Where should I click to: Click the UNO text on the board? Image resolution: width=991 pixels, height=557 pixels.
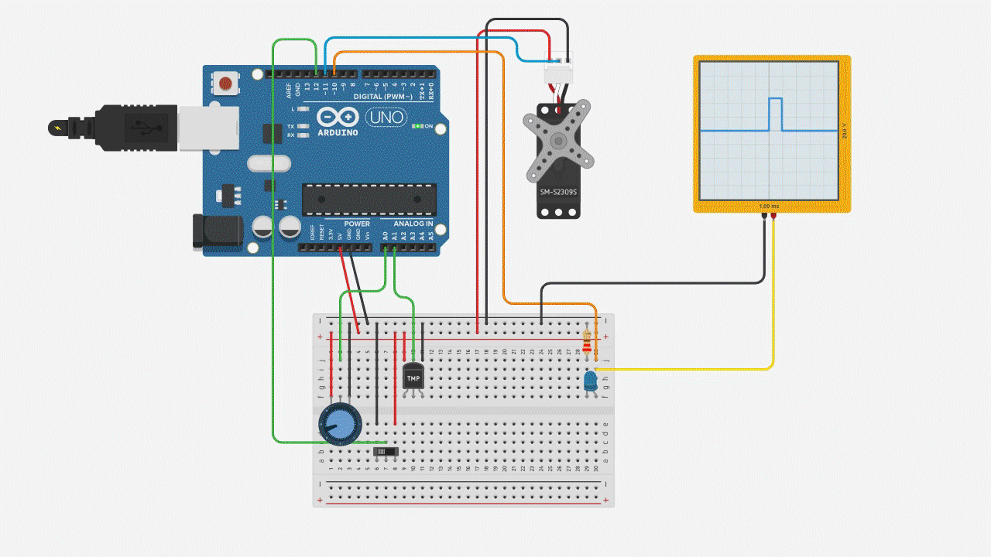pos(386,118)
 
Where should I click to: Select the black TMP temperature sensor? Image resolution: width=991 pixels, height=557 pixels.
pos(413,378)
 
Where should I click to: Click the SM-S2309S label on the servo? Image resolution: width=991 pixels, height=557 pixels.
pos(558,190)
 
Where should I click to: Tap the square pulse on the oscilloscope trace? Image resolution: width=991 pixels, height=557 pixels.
pos(776,114)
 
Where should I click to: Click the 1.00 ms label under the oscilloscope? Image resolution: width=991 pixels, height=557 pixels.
pos(769,207)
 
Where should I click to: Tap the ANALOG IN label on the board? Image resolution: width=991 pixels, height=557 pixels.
pos(412,224)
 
